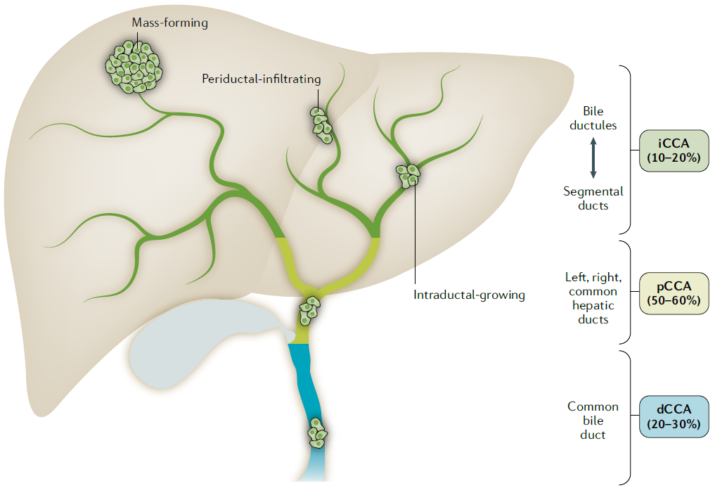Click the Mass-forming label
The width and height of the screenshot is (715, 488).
(170, 23)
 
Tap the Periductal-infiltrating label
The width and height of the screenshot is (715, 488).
(261, 79)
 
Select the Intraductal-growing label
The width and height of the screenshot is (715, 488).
(469, 295)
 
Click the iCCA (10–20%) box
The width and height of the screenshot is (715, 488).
(674, 151)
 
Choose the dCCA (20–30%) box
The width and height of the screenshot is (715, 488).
(674, 416)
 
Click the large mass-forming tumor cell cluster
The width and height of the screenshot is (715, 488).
(134, 66)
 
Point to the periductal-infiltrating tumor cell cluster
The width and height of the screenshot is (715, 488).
(321, 124)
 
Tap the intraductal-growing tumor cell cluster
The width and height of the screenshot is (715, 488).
(407, 174)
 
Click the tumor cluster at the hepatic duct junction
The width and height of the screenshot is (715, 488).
(309, 310)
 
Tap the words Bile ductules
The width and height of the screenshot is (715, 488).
(593, 118)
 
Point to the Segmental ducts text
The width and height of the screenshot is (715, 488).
(593, 198)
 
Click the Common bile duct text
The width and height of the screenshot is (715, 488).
(593, 420)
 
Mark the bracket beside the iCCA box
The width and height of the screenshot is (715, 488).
(628, 150)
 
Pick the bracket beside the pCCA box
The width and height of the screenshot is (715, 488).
(628, 293)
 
